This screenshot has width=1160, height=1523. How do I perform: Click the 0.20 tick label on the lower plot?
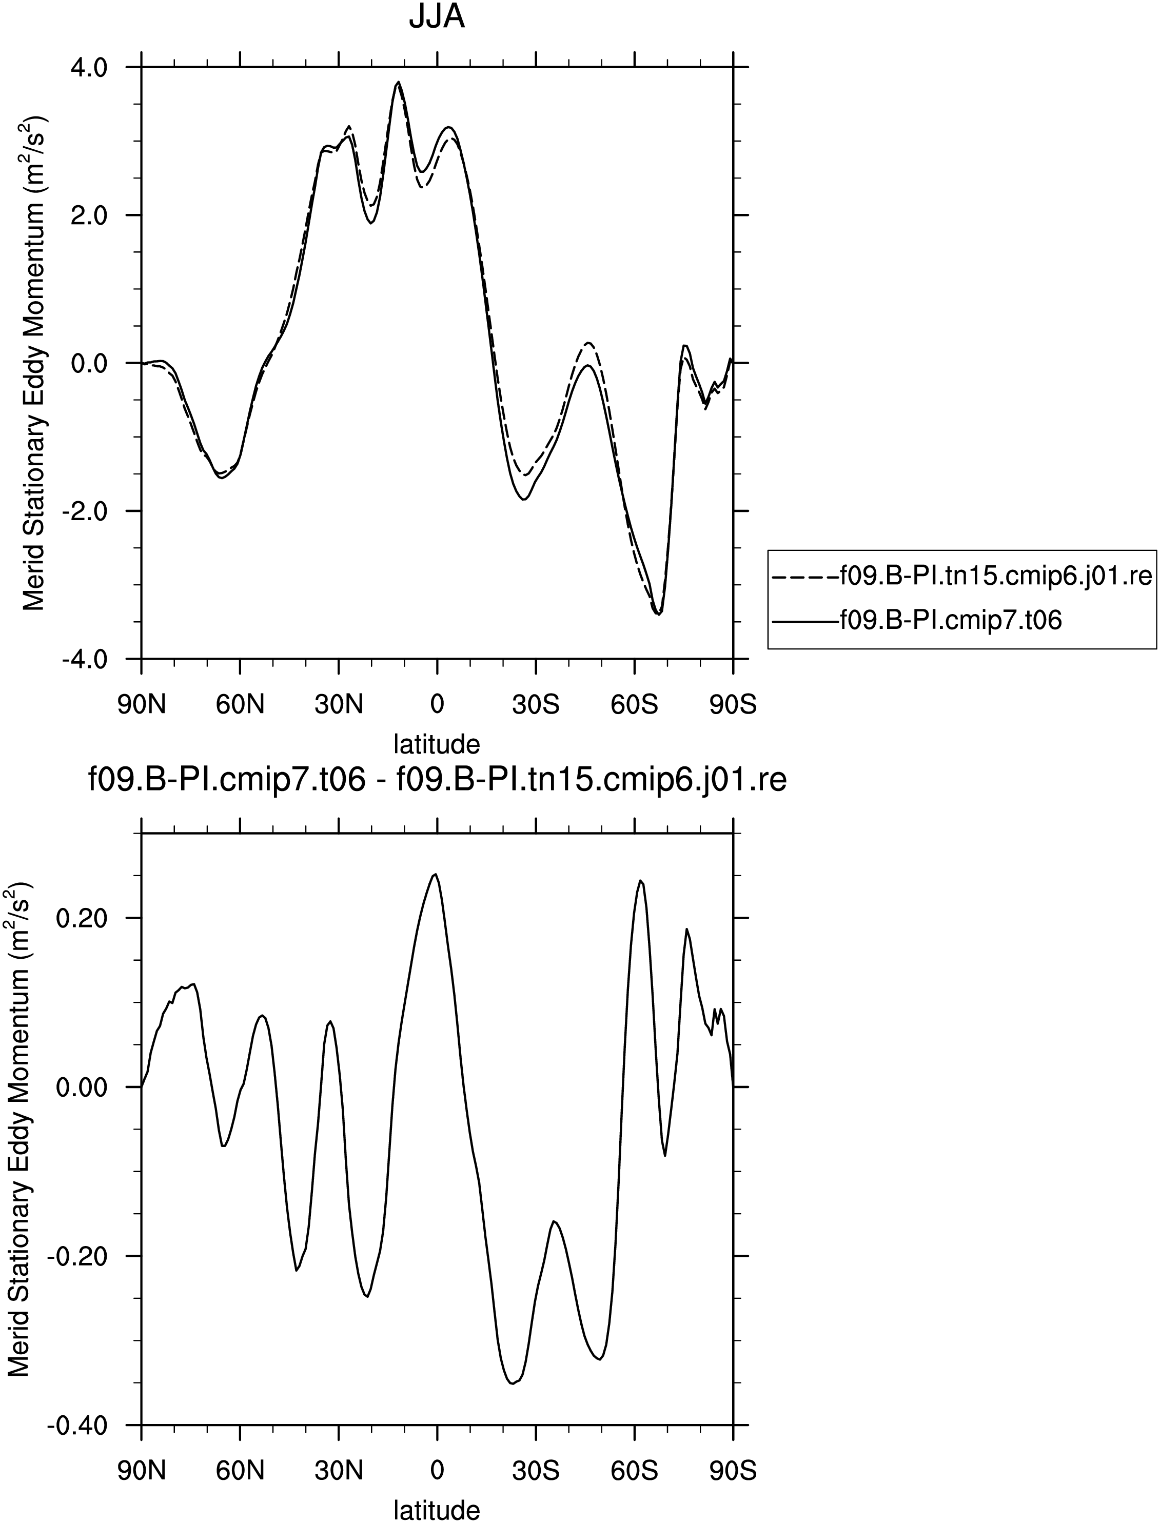[x=82, y=918]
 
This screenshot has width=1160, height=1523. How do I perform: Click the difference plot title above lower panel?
[x=438, y=780]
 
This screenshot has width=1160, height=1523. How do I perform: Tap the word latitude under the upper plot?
[x=437, y=744]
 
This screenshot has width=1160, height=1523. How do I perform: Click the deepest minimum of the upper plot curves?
[x=658, y=614]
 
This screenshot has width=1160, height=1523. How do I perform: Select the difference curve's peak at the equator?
[x=435, y=874]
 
